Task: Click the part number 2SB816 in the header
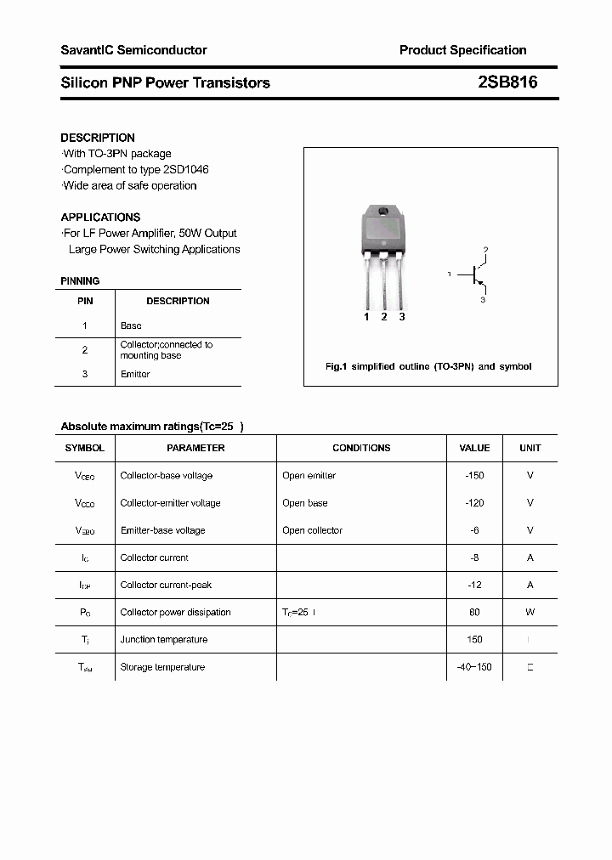point(507,82)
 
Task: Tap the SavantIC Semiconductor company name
point(133,50)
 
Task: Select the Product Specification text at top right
point(462,50)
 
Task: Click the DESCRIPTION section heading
point(98,138)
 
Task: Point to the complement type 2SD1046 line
point(136,170)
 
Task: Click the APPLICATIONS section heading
point(100,217)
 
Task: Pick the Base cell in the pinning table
point(131,325)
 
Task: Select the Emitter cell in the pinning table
point(135,374)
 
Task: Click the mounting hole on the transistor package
point(383,212)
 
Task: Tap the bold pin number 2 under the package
point(384,317)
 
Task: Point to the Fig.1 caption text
point(428,366)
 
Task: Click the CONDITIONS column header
point(361,448)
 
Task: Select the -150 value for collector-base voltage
point(474,476)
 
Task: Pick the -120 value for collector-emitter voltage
point(474,503)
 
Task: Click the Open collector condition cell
point(312,530)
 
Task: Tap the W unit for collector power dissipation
point(530,612)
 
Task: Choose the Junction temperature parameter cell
point(162,640)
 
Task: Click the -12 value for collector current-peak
point(474,585)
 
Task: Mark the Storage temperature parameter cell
point(162,667)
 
